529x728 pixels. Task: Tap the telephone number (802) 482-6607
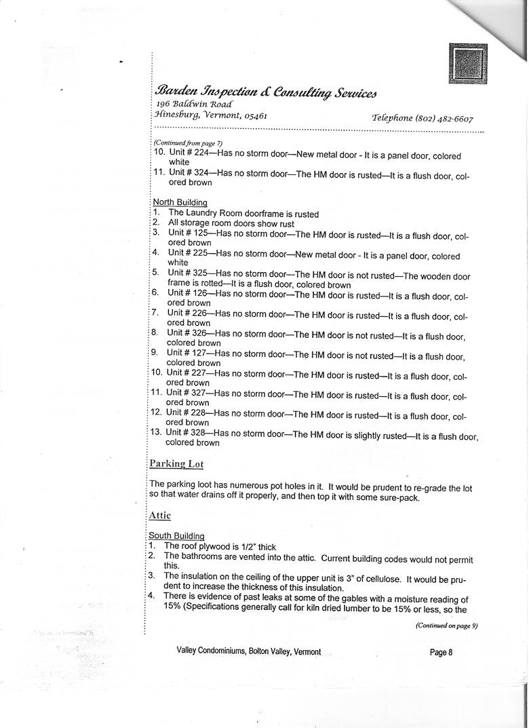442,117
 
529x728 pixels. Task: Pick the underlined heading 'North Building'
180,202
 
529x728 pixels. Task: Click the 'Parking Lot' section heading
176,464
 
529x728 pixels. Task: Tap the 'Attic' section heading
160,516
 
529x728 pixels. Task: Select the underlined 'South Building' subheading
176,536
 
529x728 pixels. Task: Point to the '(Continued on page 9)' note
446,626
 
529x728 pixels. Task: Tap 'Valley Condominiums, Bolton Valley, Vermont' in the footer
248,651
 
